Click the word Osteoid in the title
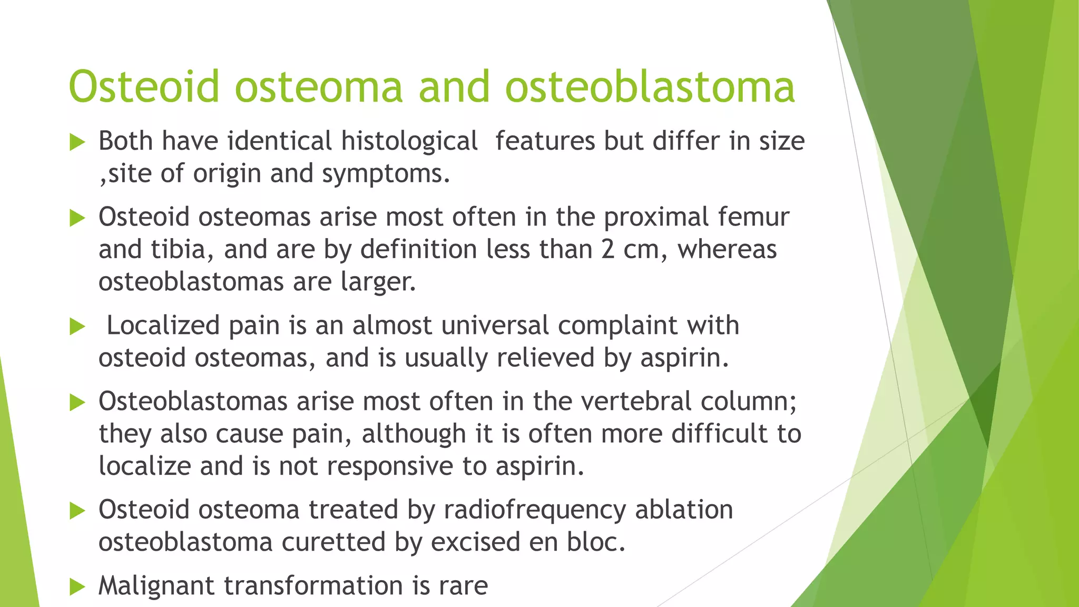click(143, 87)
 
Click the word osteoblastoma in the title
click(650, 87)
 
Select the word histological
click(409, 141)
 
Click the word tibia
click(178, 249)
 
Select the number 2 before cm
click(607, 249)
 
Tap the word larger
click(378, 282)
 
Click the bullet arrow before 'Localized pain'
click(77, 327)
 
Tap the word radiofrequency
click(535, 510)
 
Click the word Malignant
click(156, 586)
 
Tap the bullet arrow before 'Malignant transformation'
click(77, 587)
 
